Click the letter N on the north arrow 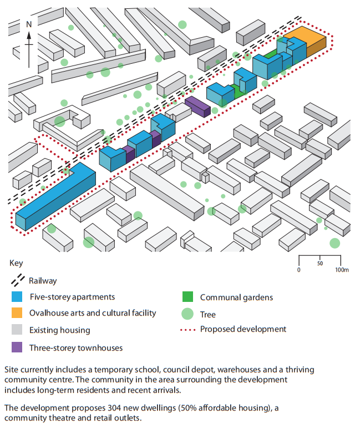pyautogui.click(x=29, y=24)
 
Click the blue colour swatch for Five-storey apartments pyautogui.click(x=18, y=297)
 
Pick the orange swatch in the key pyautogui.click(x=18, y=313)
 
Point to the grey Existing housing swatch pyautogui.click(x=18, y=330)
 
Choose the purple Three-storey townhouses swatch pyautogui.click(x=18, y=347)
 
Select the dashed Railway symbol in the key pyautogui.click(x=18, y=280)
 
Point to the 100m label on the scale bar pyautogui.click(x=341, y=270)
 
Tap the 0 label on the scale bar pyautogui.click(x=299, y=270)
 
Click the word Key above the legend pyautogui.click(x=16, y=264)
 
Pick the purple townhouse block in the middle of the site pyautogui.click(x=197, y=106)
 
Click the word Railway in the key pyautogui.click(x=43, y=281)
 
